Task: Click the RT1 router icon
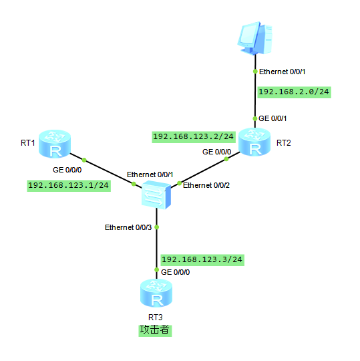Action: tap(55, 144)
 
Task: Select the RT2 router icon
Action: tap(254, 142)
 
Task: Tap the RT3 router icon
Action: tap(156, 293)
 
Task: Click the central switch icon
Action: tap(156, 195)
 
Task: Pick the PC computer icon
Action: tap(255, 38)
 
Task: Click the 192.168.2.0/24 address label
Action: tap(294, 92)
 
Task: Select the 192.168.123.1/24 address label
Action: tap(69, 186)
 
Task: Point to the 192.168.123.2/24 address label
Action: tap(194, 137)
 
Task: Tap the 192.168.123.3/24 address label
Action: tap(202, 260)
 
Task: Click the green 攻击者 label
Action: tap(155, 330)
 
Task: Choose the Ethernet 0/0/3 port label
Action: tap(128, 227)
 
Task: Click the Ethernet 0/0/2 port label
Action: tap(206, 185)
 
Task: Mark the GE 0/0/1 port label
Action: tap(273, 118)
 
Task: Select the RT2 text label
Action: tap(284, 143)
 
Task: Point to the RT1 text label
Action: tap(28, 143)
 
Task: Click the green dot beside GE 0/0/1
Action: tap(255, 118)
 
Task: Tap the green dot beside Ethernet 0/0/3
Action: tap(157, 227)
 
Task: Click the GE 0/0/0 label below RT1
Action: tap(67, 170)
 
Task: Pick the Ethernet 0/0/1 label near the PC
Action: tap(283, 72)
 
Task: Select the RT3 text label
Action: tap(156, 318)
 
